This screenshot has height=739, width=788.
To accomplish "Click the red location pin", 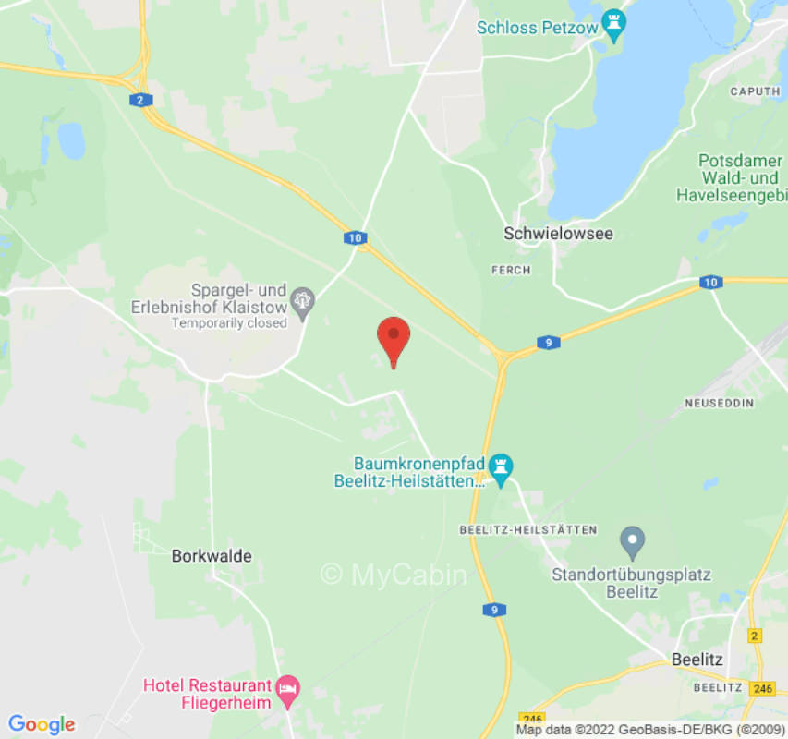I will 394,338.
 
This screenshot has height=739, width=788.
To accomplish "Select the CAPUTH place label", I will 755,91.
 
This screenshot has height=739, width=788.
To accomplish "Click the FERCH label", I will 511,270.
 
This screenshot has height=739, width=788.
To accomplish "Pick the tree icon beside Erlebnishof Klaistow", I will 302,299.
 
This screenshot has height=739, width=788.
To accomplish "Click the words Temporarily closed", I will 229,323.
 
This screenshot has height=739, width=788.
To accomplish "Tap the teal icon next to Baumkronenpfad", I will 501,467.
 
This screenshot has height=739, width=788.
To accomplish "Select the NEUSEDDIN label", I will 719,404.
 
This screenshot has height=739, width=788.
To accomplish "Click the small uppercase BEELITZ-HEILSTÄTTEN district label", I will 528,530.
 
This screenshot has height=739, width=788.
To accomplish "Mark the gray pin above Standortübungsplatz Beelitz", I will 632,539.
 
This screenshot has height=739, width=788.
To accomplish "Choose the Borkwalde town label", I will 212,556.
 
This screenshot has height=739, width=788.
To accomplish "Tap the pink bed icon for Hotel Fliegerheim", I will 289,687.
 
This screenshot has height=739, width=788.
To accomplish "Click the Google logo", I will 41,724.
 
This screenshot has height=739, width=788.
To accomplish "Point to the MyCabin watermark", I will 394,575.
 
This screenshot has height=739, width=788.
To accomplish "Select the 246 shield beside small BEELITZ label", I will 761,688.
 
